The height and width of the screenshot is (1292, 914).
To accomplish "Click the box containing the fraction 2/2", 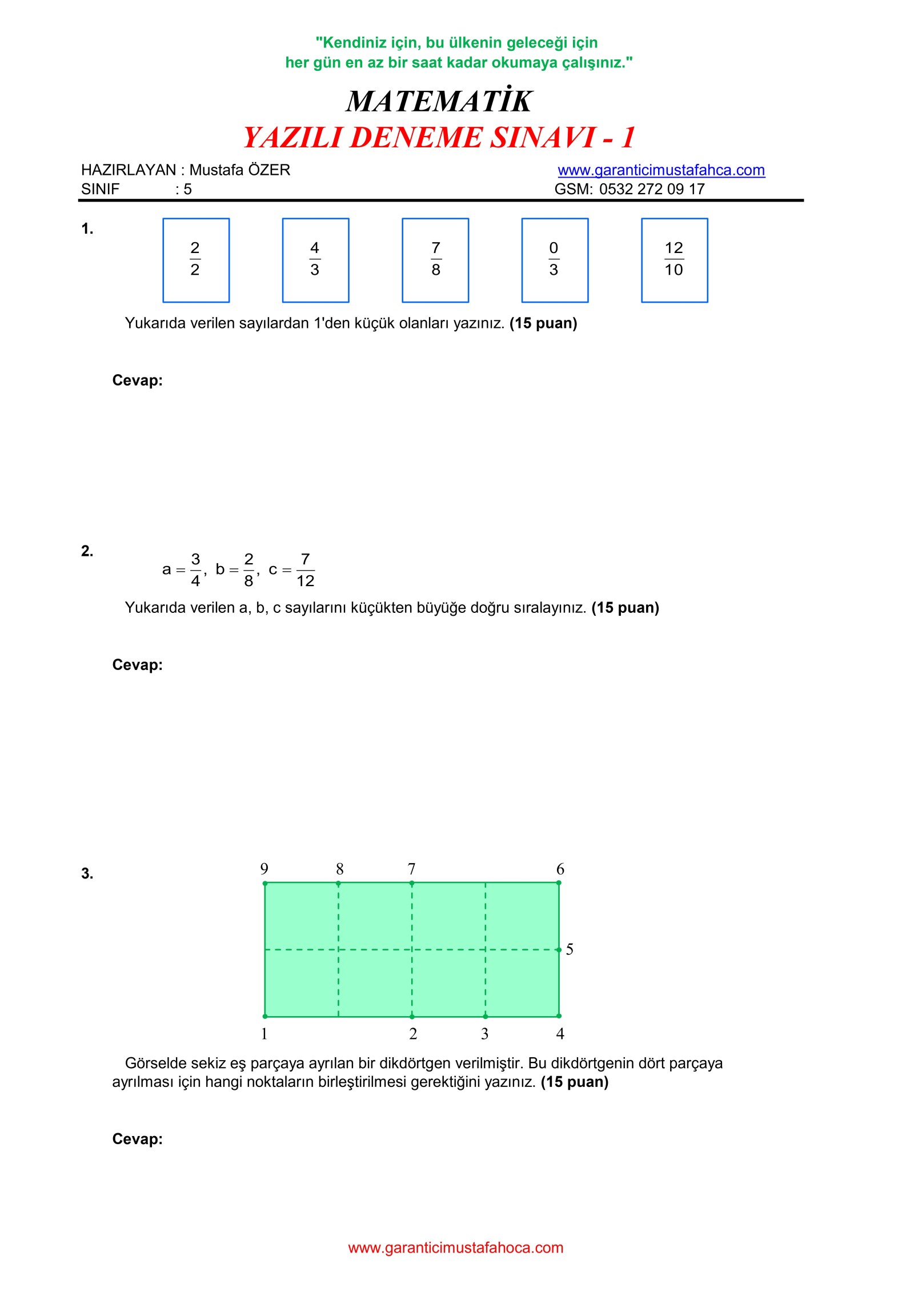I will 196,260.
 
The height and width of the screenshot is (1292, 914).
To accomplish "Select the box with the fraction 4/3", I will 315,260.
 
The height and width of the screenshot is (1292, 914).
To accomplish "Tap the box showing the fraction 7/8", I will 435,260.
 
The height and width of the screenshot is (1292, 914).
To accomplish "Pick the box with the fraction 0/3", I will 555,260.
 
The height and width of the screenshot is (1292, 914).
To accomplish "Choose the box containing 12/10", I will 674,260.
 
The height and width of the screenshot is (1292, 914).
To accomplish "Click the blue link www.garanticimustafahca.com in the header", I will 661,170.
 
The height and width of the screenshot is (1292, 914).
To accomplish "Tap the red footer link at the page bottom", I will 456,1247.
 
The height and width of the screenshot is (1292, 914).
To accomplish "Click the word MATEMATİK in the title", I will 439,101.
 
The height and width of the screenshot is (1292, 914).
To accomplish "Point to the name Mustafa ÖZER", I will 239,170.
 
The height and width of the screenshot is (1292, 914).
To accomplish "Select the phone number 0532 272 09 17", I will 652,189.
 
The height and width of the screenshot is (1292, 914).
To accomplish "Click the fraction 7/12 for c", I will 306,569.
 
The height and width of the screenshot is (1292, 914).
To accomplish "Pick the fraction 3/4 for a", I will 195,569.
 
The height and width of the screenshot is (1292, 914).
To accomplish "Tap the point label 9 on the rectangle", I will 264,869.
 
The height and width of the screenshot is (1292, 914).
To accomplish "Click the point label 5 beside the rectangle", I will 570,949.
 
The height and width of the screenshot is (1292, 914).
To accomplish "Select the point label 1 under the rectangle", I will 264,1033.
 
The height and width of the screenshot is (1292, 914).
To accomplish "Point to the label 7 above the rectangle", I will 411,869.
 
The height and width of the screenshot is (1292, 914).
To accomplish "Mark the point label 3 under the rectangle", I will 484,1033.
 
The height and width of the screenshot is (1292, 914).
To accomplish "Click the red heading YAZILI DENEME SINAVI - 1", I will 439,138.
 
